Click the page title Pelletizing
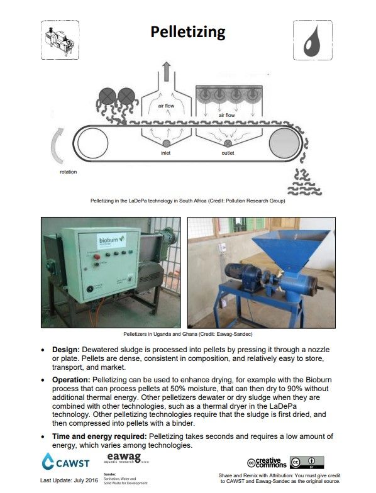click(187, 32)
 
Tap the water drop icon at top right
click(312, 41)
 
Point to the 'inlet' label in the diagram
click(165, 153)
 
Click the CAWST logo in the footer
click(61, 463)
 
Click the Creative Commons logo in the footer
click(269, 463)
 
